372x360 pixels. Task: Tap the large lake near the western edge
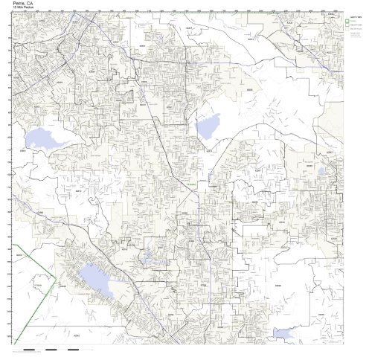45,138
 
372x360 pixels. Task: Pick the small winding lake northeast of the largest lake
148,257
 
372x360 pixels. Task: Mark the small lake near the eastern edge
321,171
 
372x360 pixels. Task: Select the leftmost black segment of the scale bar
29,349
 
